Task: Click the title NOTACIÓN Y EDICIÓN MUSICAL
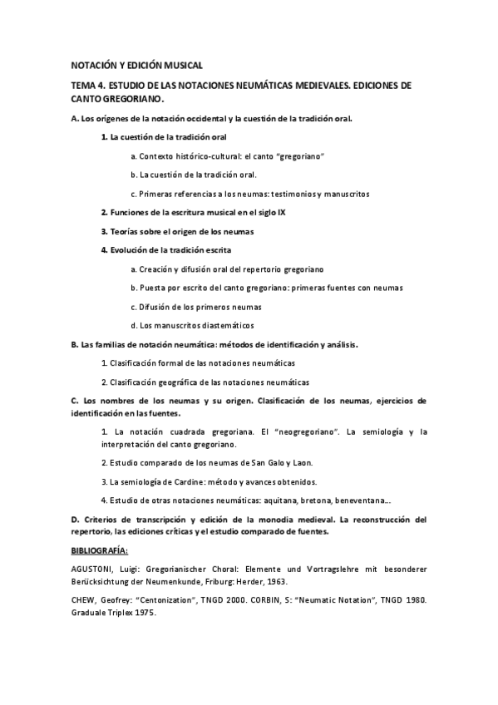136,65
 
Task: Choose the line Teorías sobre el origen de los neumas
177,231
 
